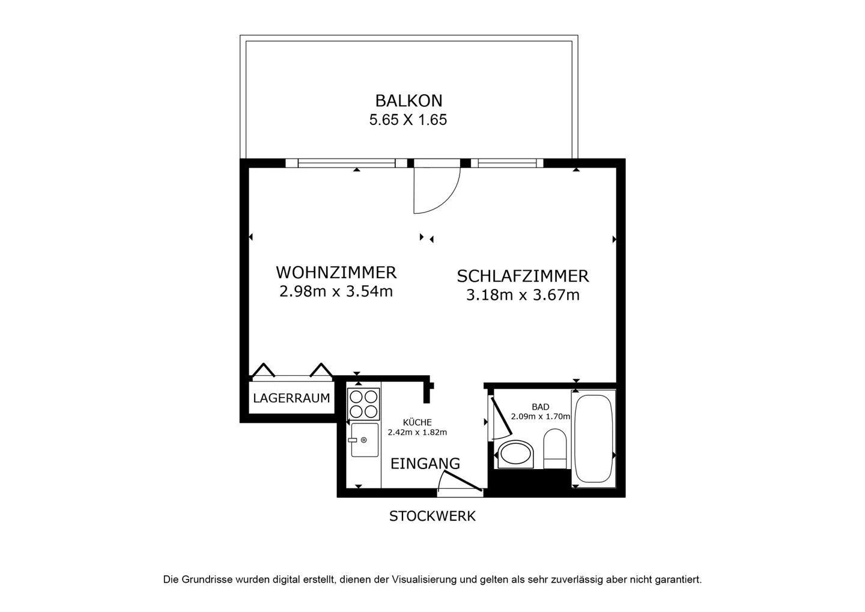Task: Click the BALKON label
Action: click(408, 101)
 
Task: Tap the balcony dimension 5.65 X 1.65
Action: click(408, 120)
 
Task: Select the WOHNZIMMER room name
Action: click(336, 273)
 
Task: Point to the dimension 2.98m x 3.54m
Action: click(336, 291)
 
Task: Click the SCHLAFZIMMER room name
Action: click(523, 276)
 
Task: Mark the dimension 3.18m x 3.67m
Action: click(523, 295)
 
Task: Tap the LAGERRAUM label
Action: click(291, 398)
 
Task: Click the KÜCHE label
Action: click(417, 422)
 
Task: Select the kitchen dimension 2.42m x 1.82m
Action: click(417, 432)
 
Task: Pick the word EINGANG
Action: click(425, 463)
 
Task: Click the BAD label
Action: click(540, 407)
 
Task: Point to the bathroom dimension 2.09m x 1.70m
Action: click(540, 417)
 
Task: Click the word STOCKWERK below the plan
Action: click(432, 517)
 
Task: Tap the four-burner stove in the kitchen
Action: click(363, 404)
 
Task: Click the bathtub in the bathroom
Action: click(593, 438)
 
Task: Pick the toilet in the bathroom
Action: click(555, 449)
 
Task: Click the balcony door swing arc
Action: click(449, 199)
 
